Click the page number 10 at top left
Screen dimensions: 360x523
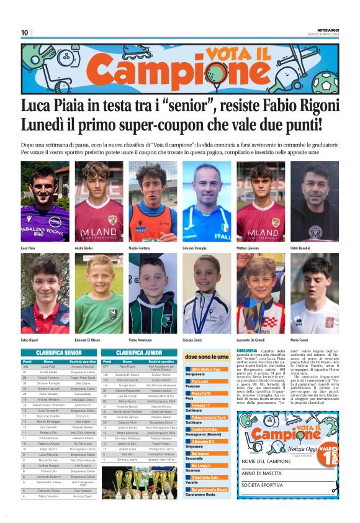(x=25, y=32)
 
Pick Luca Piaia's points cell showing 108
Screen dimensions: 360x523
(x=27, y=366)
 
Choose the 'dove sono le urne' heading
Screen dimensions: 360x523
(x=206, y=357)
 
